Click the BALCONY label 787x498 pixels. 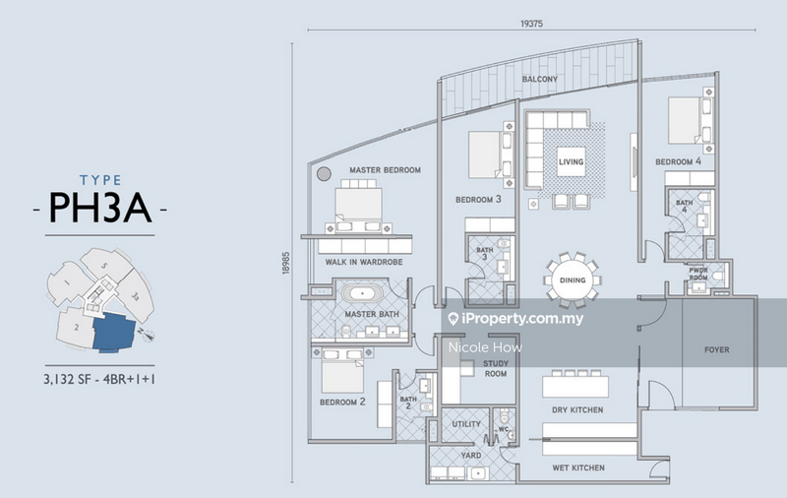540,79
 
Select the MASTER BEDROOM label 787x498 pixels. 385,170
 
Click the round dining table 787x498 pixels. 574,280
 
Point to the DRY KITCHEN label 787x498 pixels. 576,409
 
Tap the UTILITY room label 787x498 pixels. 465,424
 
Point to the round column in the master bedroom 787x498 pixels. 325,175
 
